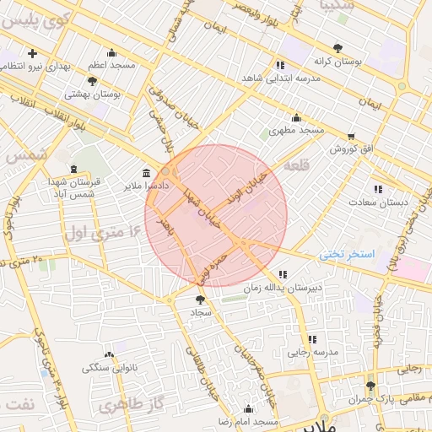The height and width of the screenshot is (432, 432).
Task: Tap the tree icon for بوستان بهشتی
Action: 92,81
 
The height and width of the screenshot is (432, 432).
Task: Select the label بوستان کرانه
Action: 337,62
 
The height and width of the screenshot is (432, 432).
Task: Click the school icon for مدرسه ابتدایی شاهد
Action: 280,64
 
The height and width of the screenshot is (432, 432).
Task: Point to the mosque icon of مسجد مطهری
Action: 296,117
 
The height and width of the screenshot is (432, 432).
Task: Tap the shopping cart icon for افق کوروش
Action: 351,135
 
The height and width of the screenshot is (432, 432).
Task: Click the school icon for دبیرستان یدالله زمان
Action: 282,273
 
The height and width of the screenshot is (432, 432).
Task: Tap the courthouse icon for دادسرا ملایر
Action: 147,171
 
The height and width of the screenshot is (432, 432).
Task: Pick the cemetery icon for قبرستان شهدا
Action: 73,169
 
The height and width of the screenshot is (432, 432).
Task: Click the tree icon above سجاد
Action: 200,299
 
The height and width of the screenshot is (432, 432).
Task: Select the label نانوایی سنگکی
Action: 110,368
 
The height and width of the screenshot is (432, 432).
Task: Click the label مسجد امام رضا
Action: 247,420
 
